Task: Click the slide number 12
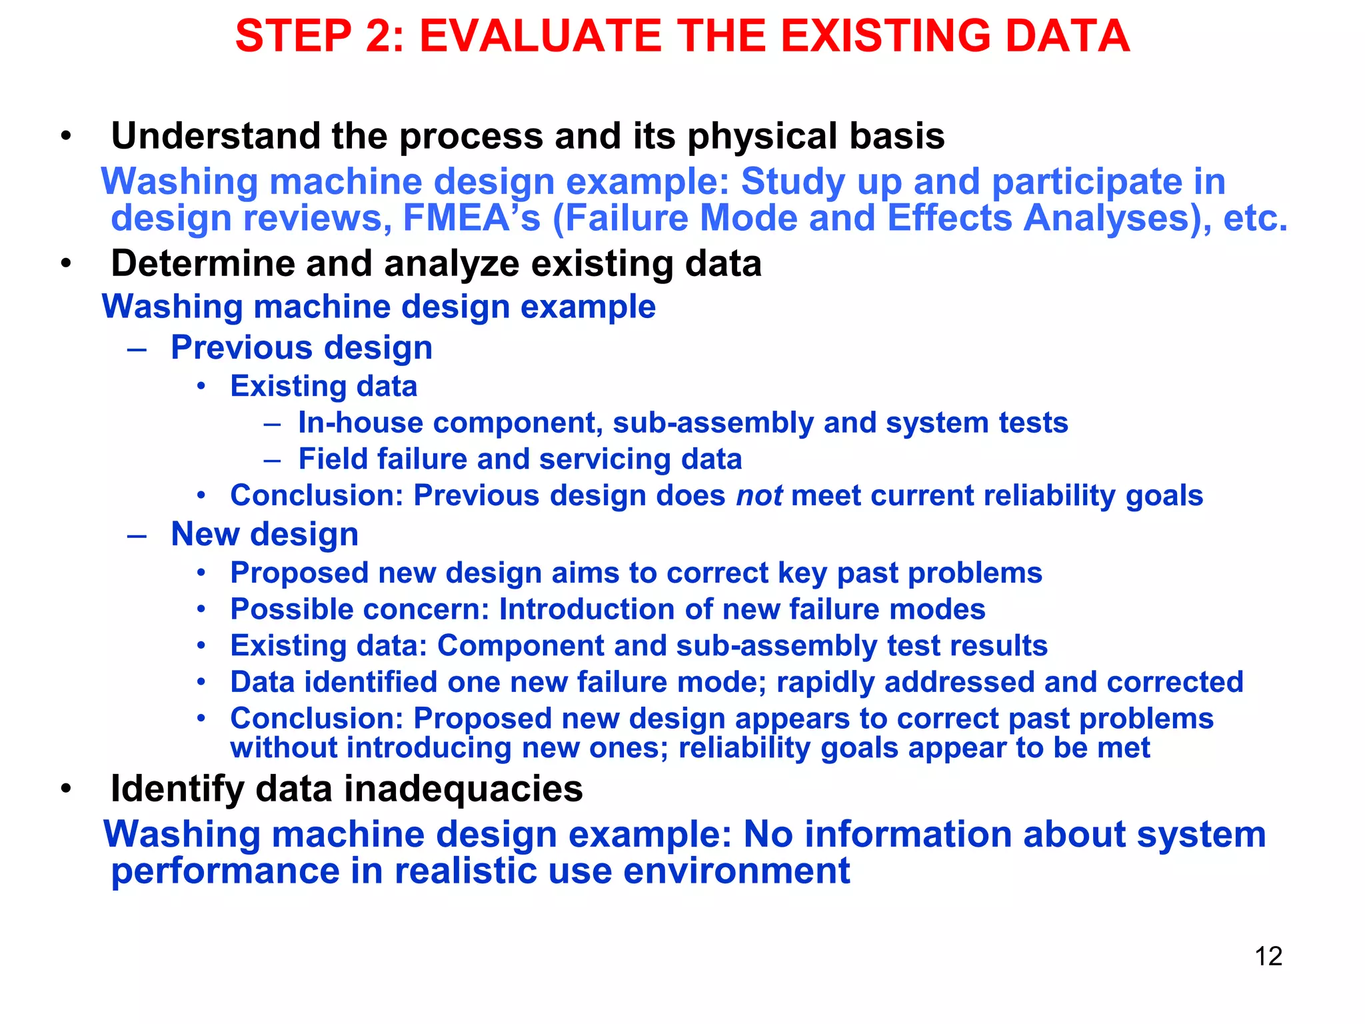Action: pos(1268,956)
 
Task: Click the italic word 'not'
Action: pos(759,495)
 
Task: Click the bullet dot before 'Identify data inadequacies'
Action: pos(65,789)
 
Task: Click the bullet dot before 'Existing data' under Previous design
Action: pos(201,387)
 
